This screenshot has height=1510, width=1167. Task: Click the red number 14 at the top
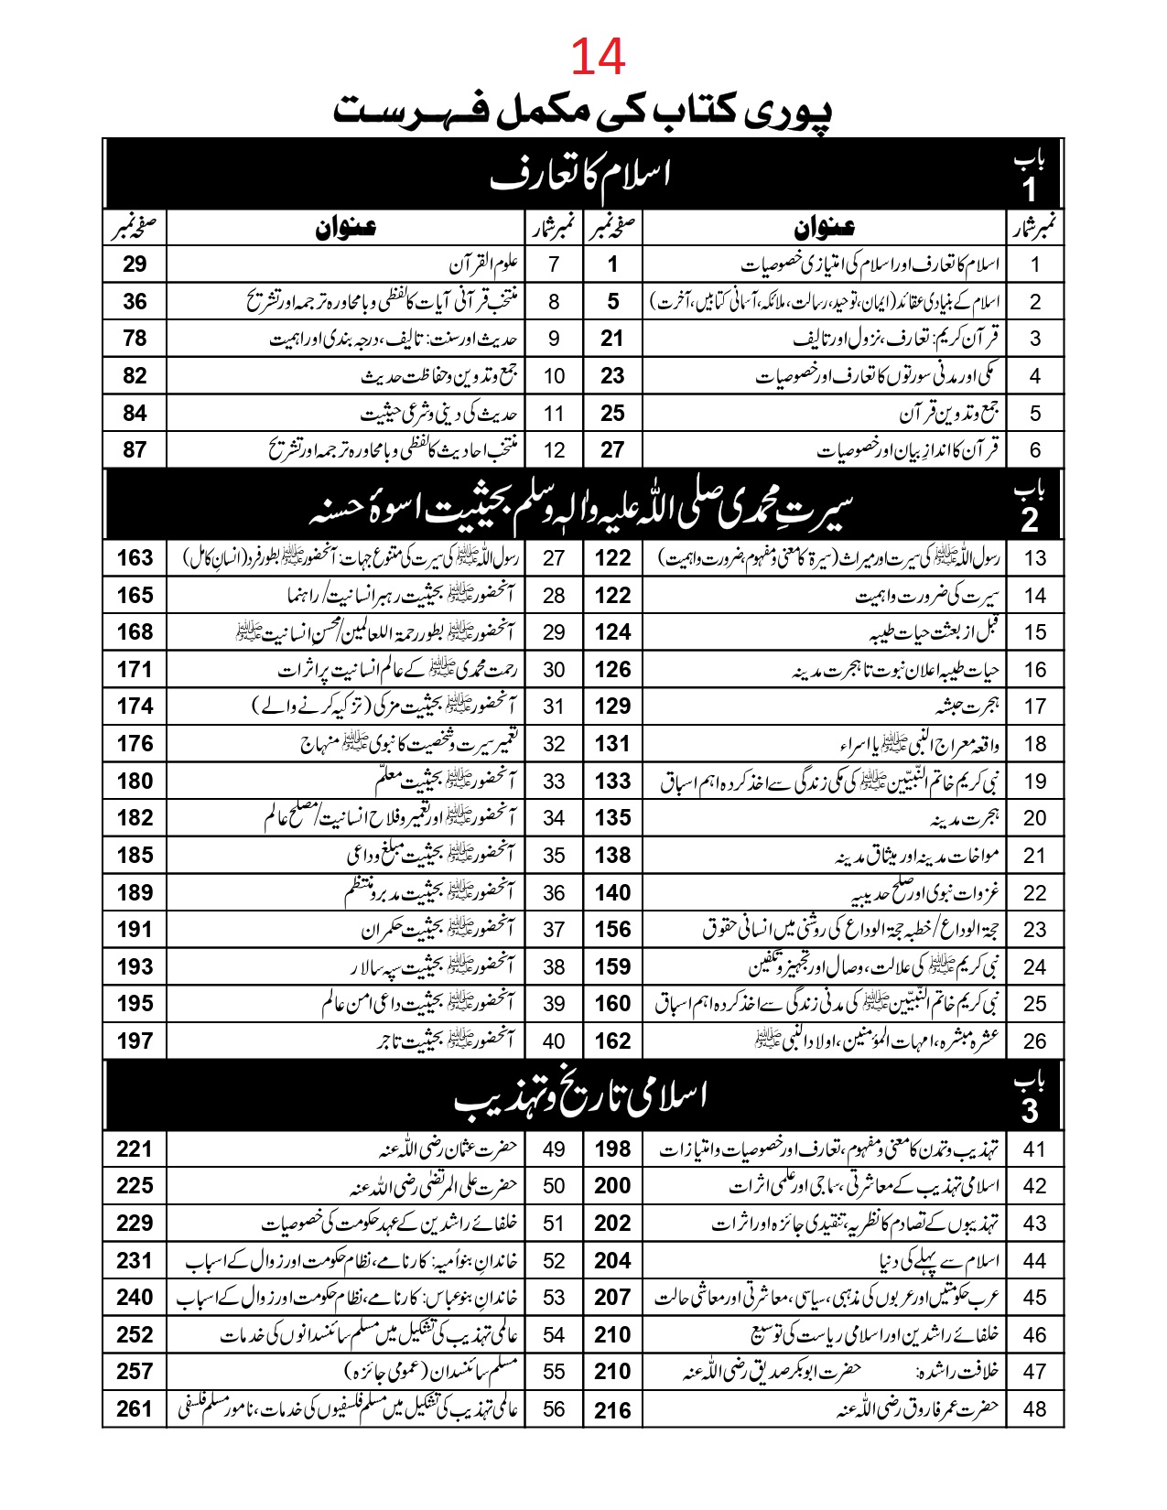tap(598, 57)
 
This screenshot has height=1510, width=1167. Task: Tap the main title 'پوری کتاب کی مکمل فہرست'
tap(583, 110)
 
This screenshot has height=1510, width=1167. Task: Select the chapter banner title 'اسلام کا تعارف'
tap(580, 174)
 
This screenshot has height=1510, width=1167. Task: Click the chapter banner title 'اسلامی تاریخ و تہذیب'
tap(580, 1097)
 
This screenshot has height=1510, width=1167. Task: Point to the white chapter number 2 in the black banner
tap(1031, 520)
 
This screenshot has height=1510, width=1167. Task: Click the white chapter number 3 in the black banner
tap(1031, 1110)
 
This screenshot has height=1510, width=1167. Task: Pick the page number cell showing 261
tap(135, 1408)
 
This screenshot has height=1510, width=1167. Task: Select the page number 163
tap(135, 557)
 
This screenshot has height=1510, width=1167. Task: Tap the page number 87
tap(135, 449)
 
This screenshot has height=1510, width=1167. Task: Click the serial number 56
tap(554, 1408)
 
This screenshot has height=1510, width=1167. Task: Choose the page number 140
tap(612, 892)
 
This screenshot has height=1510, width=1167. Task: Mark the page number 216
tap(612, 1409)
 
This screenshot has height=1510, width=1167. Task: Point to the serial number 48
tap(1034, 1408)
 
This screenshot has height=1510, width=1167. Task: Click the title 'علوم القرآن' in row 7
tap(484, 264)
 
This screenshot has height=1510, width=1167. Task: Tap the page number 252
tap(135, 1334)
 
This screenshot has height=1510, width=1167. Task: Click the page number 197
tap(135, 1041)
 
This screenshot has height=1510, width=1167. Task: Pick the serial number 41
tap(1034, 1149)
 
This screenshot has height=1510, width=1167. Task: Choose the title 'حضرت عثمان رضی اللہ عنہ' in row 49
tap(448, 1149)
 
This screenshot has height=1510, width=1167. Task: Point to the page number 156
tap(612, 929)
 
